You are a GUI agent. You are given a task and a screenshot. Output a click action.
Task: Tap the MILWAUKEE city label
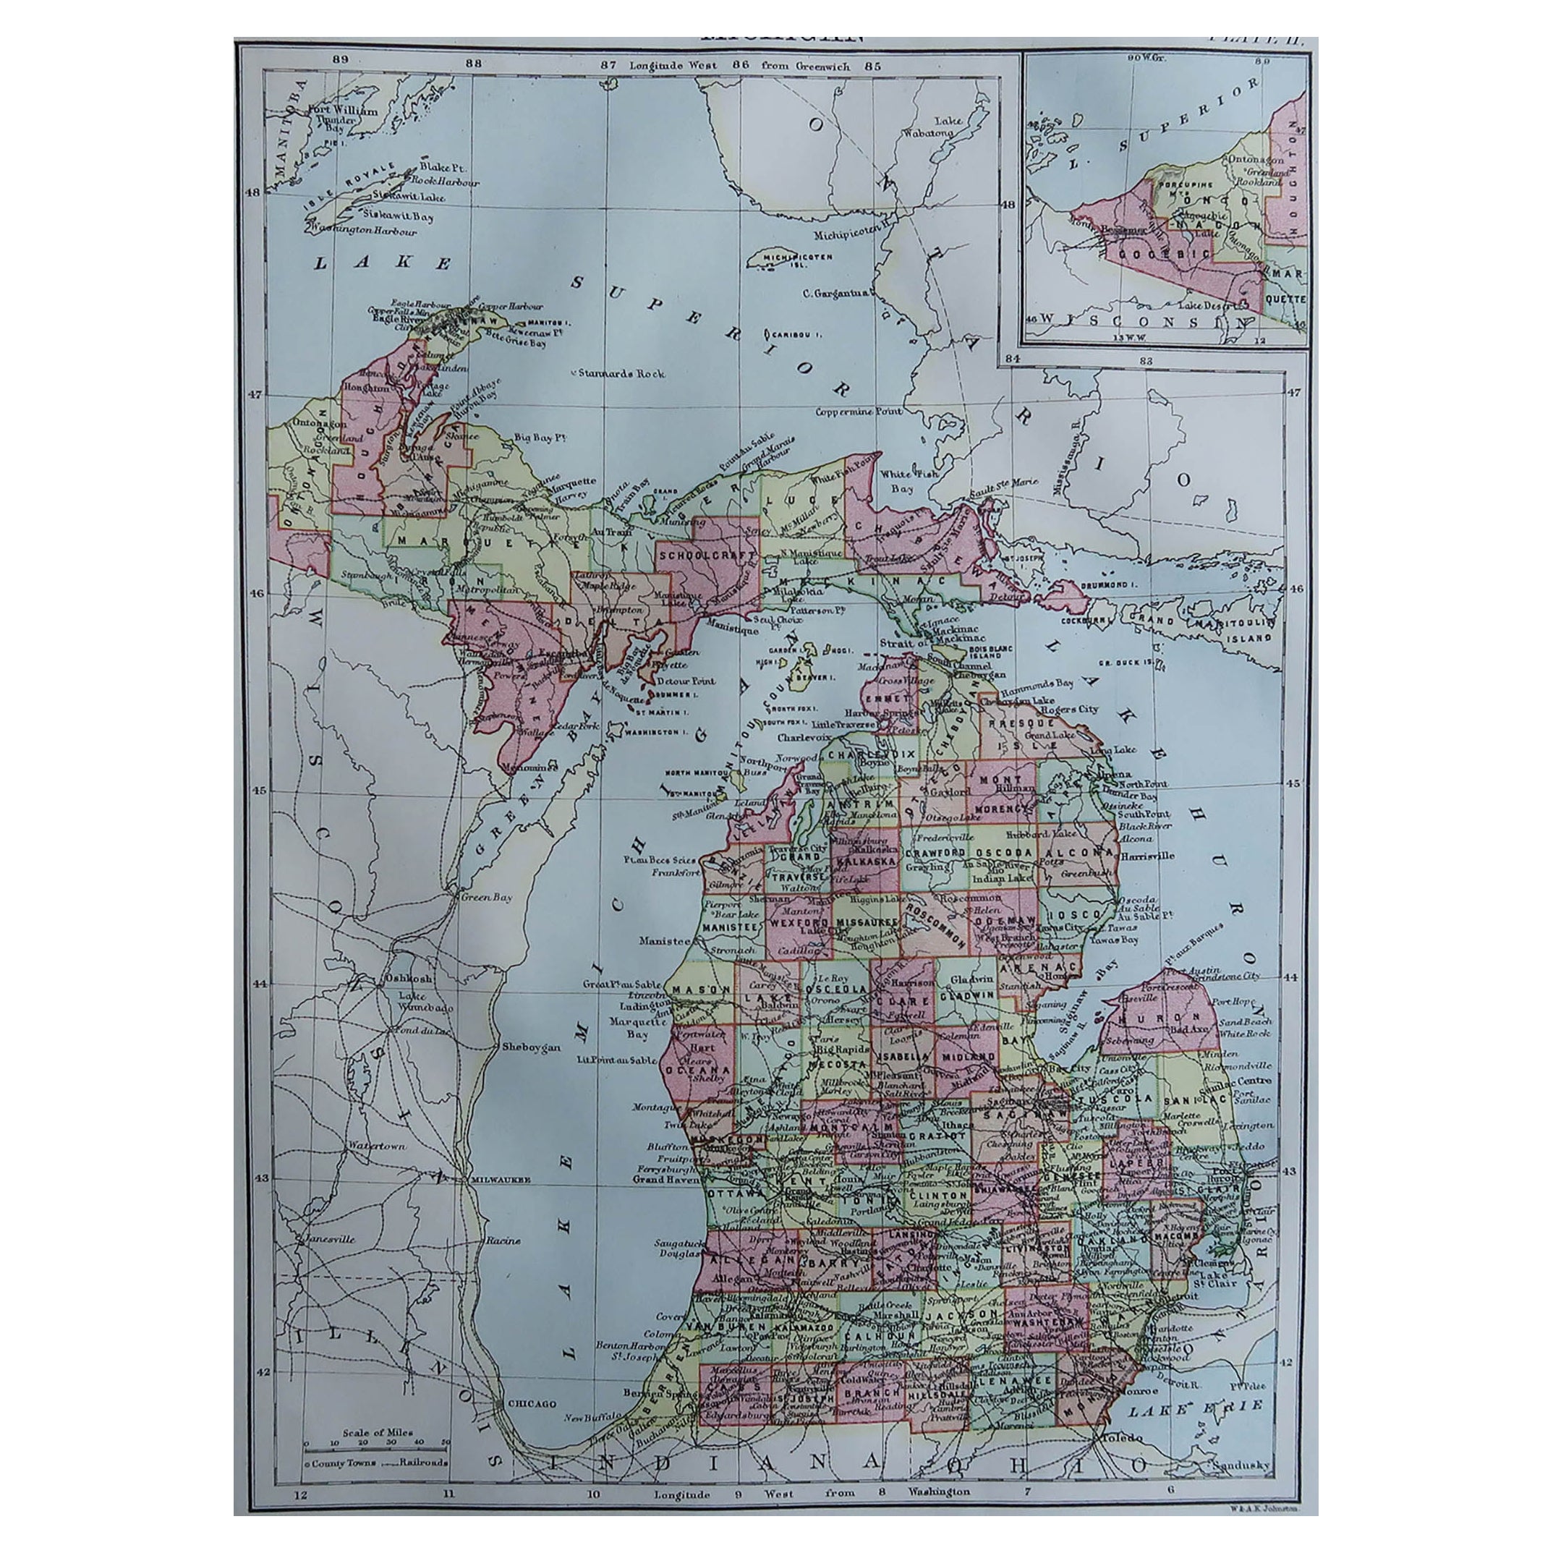click(503, 1179)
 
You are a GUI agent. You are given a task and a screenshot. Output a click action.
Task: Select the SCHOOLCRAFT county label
click(707, 556)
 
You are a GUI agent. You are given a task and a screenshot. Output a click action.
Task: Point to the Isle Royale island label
click(351, 187)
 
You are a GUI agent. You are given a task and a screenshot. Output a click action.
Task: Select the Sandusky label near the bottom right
click(1244, 1466)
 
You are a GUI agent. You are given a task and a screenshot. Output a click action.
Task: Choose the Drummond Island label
click(1110, 584)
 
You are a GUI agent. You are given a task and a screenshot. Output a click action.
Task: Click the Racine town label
click(503, 1241)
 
